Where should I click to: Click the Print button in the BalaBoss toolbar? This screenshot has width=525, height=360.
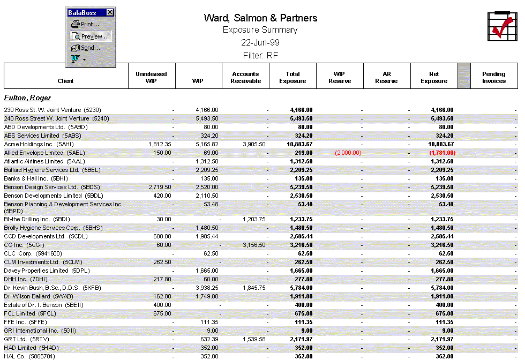point(86,24)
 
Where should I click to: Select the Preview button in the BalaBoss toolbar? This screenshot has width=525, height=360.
point(91,36)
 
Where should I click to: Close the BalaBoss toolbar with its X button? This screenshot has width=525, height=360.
point(110,12)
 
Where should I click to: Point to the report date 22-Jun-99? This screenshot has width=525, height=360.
point(260,42)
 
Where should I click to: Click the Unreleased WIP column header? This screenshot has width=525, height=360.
point(152,77)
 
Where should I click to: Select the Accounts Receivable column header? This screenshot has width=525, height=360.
point(245,77)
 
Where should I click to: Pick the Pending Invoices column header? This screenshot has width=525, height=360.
point(493,77)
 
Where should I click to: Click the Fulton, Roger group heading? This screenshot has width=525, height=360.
point(27,98)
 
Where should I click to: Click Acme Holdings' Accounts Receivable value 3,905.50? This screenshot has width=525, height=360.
point(254,144)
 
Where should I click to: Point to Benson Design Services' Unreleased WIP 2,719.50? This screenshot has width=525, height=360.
point(160,187)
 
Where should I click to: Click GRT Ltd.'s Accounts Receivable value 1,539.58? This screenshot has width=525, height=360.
point(254,339)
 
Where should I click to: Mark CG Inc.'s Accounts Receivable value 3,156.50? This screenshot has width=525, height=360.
point(254,245)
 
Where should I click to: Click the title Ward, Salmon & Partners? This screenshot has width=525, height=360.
point(260,18)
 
